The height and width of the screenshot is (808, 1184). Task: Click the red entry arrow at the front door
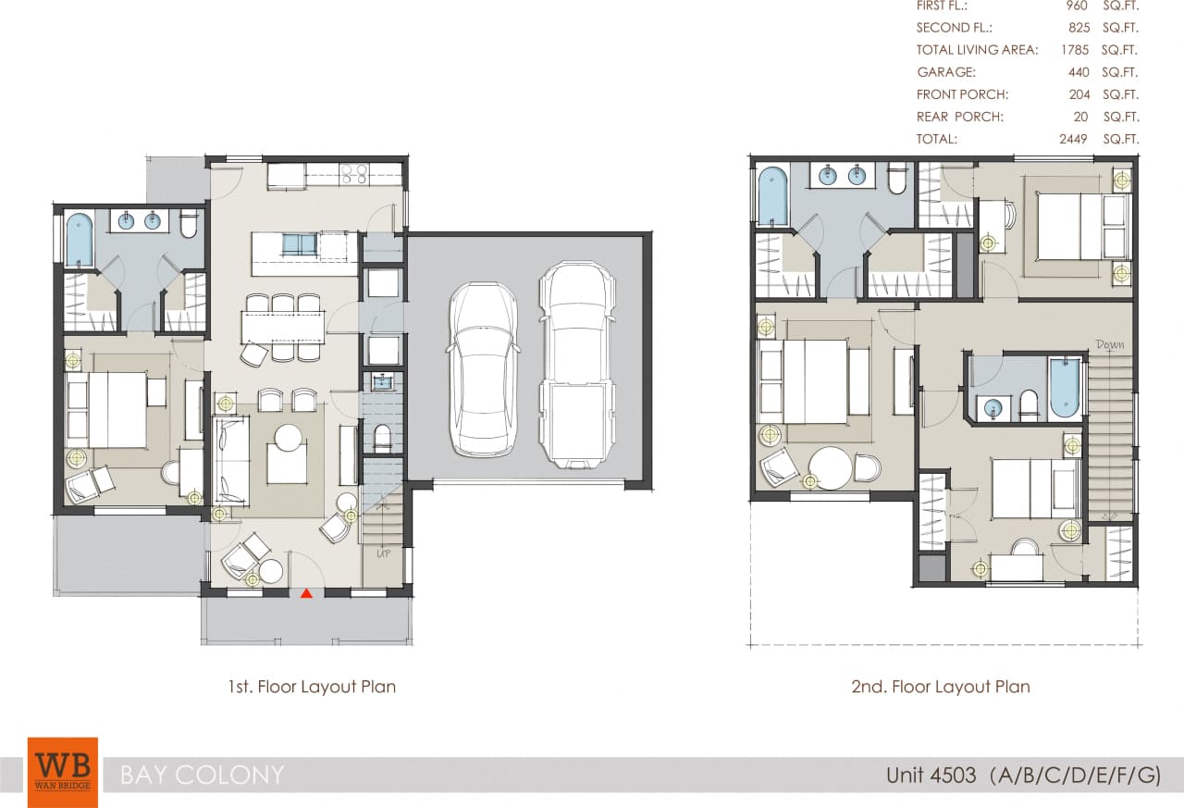point(306,593)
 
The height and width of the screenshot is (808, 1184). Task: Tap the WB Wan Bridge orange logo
point(62,772)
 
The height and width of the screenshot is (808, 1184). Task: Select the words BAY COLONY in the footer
point(202,775)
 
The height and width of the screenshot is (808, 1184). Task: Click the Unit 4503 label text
point(931,775)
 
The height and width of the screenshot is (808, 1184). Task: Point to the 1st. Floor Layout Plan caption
point(311,687)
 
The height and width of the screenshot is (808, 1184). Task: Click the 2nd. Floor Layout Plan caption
point(940,687)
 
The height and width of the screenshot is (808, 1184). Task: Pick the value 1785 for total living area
point(1073,50)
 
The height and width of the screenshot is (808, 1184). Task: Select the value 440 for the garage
point(1079,72)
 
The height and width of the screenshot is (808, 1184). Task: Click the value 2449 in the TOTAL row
point(1073,139)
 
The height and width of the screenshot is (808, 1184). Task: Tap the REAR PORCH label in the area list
point(959,117)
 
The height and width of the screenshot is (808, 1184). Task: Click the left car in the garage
point(483,368)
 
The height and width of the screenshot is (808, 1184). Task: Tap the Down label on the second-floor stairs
point(1109,344)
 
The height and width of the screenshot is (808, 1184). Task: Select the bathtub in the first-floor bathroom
point(80,239)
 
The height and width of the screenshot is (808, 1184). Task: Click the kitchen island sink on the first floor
point(298,244)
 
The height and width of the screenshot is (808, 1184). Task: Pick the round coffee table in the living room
point(288,437)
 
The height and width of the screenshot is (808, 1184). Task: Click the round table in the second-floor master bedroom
point(830,468)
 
